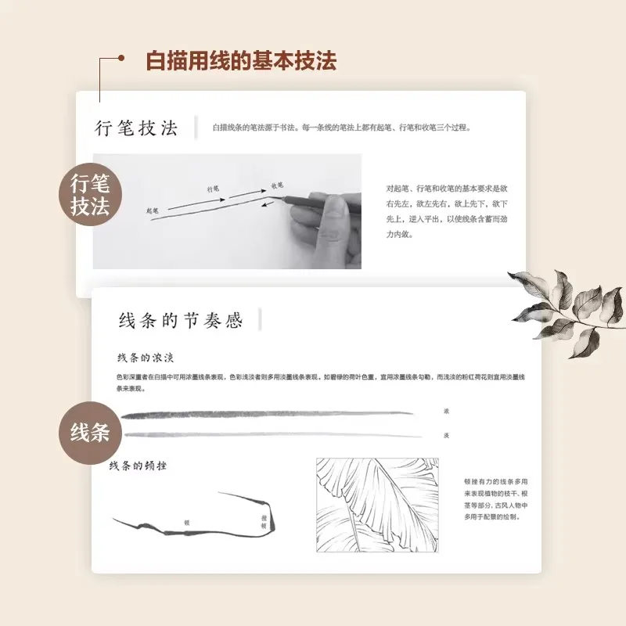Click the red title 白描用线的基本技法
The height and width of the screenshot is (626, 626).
tap(241, 60)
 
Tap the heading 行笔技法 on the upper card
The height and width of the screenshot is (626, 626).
tap(136, 128)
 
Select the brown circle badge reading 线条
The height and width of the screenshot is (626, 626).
tap(92, 432)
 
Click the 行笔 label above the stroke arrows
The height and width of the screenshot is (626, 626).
tap(213, 189)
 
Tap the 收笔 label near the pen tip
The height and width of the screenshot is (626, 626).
tap(276, 185)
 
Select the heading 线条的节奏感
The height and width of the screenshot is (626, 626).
tap(180, 320)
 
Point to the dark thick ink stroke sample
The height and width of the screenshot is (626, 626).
tap(266, 413)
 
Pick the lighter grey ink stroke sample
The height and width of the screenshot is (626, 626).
tap(266, 434)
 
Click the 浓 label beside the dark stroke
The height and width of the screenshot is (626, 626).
tap(446, 411)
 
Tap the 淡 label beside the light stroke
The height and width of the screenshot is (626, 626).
tap(446, 434)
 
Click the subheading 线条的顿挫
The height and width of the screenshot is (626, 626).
tap(138, 466)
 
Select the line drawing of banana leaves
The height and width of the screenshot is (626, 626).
tap(377, 505)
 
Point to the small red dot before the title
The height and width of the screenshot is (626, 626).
tap(121, 58)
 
